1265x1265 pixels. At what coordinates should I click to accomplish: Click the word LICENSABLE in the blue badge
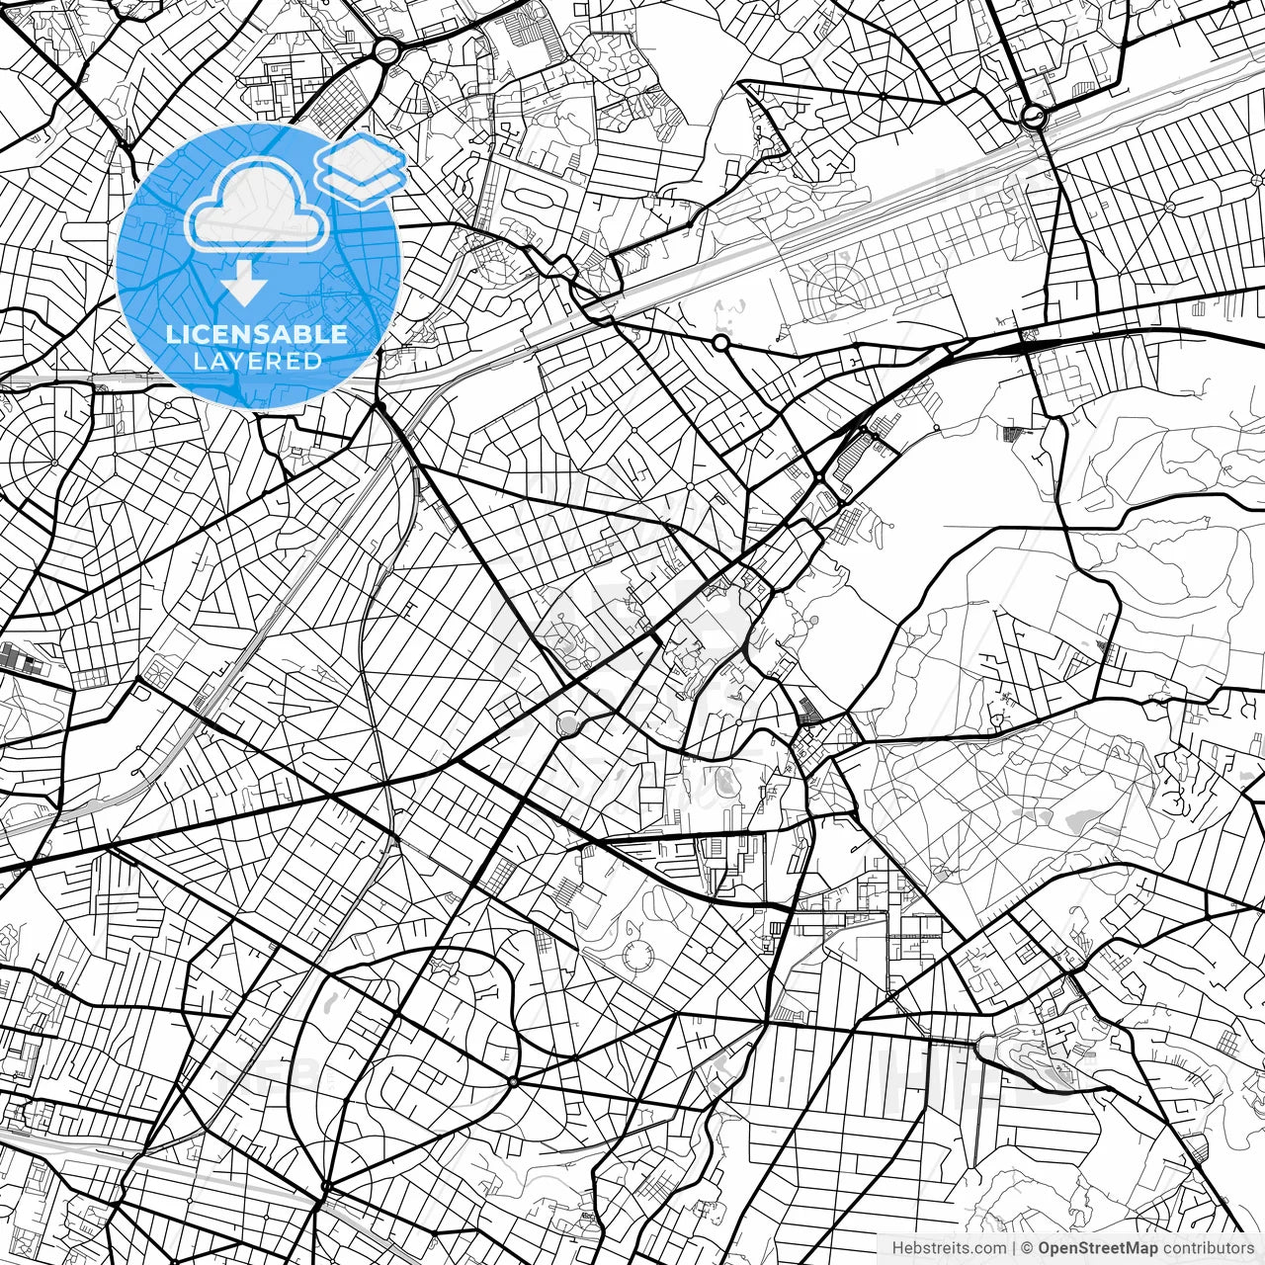click(257, 334)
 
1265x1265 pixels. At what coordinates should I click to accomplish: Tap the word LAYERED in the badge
click(257, 361)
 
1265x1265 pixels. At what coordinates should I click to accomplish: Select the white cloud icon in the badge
click(257, 205)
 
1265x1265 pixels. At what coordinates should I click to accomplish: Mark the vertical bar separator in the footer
click(1014, 1248)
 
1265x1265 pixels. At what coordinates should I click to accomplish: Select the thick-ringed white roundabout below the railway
click(720, 343)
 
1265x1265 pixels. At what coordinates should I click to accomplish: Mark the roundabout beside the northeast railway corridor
click(1035, 118)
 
